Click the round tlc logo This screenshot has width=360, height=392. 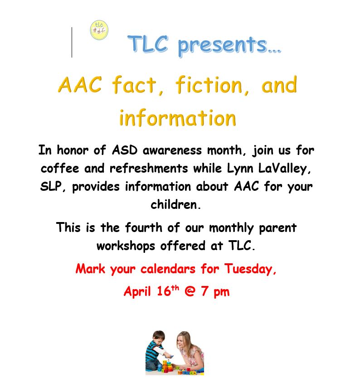coord(99,30)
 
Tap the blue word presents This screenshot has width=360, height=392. coord(229,46)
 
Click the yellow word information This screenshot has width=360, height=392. coord(178,118)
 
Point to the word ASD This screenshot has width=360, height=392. coord(125,150)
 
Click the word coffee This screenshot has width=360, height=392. coord(60,168)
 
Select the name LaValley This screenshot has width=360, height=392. coord(284,168)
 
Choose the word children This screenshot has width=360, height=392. coord(175,204)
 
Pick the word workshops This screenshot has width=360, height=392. coord(126,246)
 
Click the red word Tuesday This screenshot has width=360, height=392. coord(250,269)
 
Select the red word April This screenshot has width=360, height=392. coord(137,291)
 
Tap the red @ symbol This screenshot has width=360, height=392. coord(190,291)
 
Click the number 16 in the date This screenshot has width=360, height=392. coord(164,291)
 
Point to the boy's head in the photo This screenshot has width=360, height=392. coord(159,338)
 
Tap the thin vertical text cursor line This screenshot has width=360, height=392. coord(72,42)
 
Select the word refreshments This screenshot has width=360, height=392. coord(149,168)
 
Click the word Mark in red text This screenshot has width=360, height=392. coord(90,269)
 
